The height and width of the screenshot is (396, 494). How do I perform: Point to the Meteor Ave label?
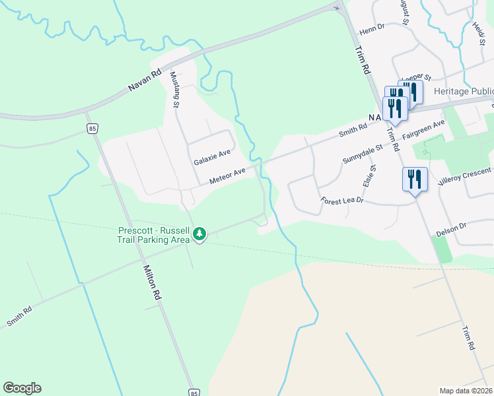tap(227, 176)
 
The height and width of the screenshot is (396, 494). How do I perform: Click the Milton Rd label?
tap(153, 284)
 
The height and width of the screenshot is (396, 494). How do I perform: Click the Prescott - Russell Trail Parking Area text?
tap(154, 236)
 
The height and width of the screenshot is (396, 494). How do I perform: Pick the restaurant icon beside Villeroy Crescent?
tap(415, 180)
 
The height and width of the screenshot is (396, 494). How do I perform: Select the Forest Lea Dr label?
tap(342, 200)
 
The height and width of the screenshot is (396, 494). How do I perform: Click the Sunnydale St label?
tap(363, 156)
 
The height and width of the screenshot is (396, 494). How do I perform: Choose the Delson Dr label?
tap(452, 230)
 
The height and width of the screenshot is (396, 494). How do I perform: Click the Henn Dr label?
tap(372, 31)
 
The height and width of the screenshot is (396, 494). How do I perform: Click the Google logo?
tap(22, 388)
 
